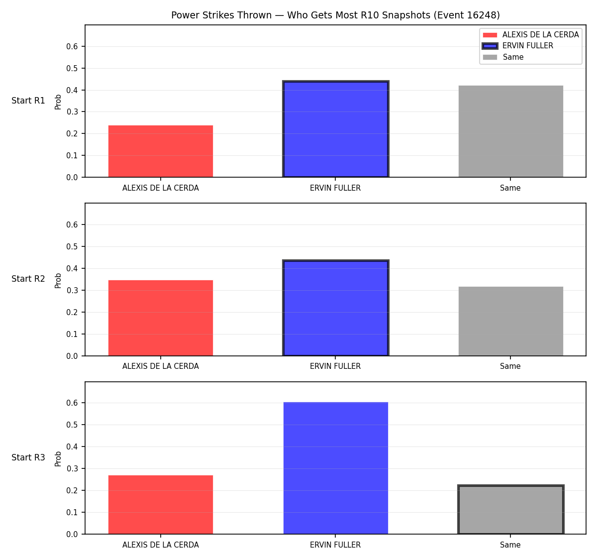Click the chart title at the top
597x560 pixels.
[x=335, y=15]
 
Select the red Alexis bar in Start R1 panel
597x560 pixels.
[x=161, y=151]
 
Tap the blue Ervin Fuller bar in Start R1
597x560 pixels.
[x=335, y=129]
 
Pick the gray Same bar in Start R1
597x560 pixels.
[x=510, y=131]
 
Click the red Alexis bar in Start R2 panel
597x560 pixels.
[x=161, y=318]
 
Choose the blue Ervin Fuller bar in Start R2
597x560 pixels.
[x=335, y=308]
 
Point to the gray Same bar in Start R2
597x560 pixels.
[x=510, y=321]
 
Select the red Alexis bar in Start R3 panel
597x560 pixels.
[x=161, y=505]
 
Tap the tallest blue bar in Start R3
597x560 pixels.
[x=335, y=468]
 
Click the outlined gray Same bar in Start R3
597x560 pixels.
[x=510, y=509]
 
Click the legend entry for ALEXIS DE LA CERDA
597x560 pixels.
[x=530, y=35]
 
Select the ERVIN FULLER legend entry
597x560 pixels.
[x=517, y=46]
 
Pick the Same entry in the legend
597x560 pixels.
[x=503, y=57]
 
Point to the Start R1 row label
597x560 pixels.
[x=28, y=101]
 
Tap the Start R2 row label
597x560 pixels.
[x=28, y=279]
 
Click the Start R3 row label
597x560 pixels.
[x=28, y=457]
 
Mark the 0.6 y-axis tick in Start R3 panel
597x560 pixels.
[x=72, y=403]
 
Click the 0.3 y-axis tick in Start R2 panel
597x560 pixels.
[x=72, y=290]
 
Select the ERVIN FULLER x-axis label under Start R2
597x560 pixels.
[x=335, y=366]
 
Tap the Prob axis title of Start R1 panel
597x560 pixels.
[x=58, y=102]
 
